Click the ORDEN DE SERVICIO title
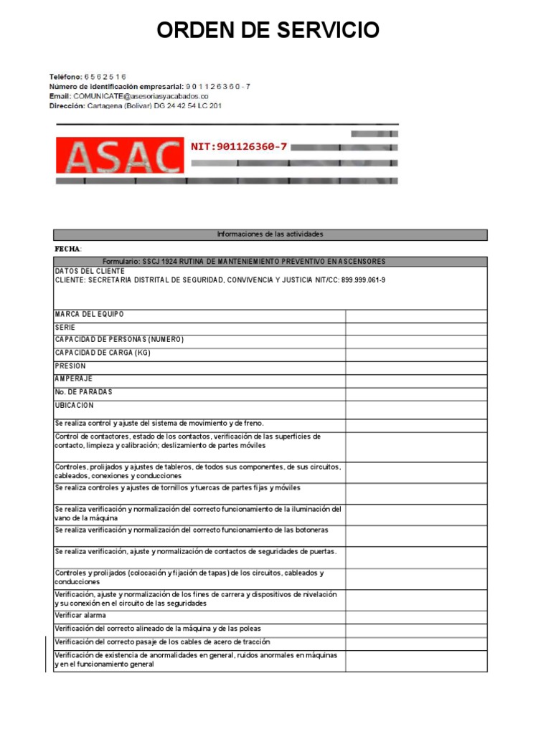tap(268, 31)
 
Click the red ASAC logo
tap(119, 157)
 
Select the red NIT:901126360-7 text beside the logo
tap(239, 146)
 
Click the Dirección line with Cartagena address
tap(135, 105)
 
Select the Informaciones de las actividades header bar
tap(270, 234)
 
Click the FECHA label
tap(68, 249)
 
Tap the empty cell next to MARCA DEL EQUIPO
tap(416, 316)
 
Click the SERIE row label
tap(65, 327)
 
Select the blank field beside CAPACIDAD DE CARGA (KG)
tap(416, 355)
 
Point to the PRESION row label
tap(70, 366)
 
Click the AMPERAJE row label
tap(74, 378)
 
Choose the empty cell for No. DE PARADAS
tap(416, 394)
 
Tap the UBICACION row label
tap(75, 406)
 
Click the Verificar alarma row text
tap(80, 616)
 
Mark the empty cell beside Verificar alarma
tap(416, 616)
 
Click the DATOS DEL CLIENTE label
tap(90, 272)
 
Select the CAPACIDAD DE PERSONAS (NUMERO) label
tap(119, 340)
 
